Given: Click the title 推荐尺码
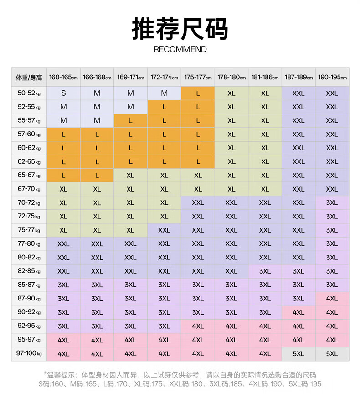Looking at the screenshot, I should click(x=180, y=29).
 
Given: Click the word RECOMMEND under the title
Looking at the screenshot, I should click(x=180, y=49).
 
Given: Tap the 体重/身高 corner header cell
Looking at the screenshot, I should click(x=29, y=77).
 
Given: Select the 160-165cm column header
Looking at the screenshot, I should click(x=63, y=77).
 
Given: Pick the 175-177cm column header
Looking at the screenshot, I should click(x=198, y=77).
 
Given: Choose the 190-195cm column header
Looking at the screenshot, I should click(x=332, y=77).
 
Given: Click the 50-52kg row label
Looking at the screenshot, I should click(x=29, y=93).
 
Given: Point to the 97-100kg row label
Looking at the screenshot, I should click(x=29, y=353).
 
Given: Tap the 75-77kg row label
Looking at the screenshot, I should click(x=29, y=230).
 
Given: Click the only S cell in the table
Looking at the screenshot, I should click(x=63, y=93).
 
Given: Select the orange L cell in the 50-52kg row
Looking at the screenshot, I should click(x=198, y=93).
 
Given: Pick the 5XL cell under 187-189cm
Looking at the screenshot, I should click(x=298, y=353).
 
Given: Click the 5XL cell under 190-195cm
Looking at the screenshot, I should click(x=332, y=353).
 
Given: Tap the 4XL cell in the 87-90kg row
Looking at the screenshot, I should click(x=332, y=299).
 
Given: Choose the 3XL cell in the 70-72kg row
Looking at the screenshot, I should click(x=332, y=203).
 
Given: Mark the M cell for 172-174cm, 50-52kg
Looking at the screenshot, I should click(x=164, y=93).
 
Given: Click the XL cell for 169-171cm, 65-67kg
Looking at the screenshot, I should click(x=130, y=176).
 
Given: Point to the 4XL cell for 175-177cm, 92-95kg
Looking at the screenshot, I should click(x=198, y=326).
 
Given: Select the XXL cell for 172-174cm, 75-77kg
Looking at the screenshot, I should click(x=164, y=230).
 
